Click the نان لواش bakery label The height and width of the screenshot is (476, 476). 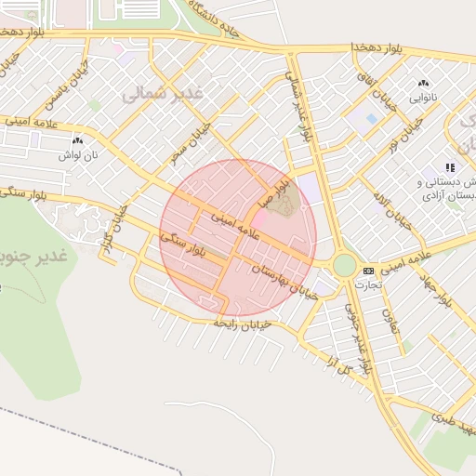pos(77,154)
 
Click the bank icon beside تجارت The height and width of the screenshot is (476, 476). pos(368,271)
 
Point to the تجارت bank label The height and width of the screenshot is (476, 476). pos(369,284)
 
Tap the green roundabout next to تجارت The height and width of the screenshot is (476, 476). pos(344,265)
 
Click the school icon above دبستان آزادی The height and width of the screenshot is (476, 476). pos(451,167)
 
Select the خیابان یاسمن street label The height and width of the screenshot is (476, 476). pos(79,82)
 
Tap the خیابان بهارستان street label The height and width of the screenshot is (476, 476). pos(284,282)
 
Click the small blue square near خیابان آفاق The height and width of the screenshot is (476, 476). pos(372,119)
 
